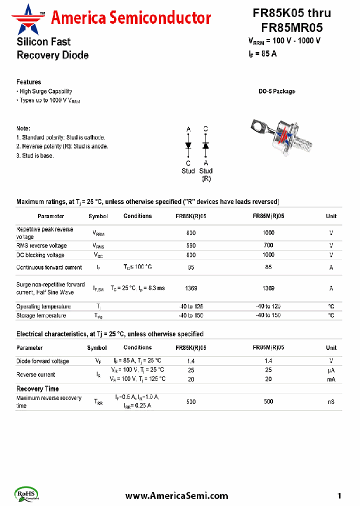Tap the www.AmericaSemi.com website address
[x=176, y=495]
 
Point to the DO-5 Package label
[x=276, y=91]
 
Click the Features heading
[x=28, y=82]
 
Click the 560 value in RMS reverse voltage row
[x=191, y=245]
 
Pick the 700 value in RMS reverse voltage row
[x=268, y=245]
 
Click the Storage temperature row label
[x=41, y=315]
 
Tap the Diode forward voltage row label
[x=42, y=361]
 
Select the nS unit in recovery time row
[x=331, y=402]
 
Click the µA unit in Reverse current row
[x=331, y=370]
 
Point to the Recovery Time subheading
[x=37, y=388]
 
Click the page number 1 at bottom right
[x=339, y=495]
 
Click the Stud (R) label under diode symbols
[x=206, y=174]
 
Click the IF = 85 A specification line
[x=262, y=54]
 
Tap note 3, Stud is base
[x=35, y=155]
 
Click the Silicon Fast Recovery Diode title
[x=52, y=48]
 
